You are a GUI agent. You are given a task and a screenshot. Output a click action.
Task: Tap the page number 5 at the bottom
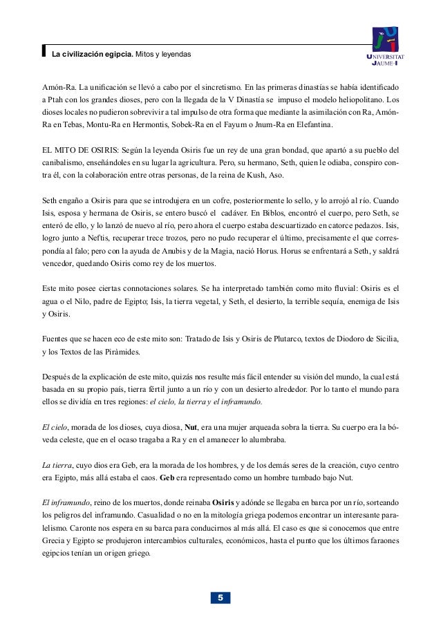[x=220, y=597]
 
